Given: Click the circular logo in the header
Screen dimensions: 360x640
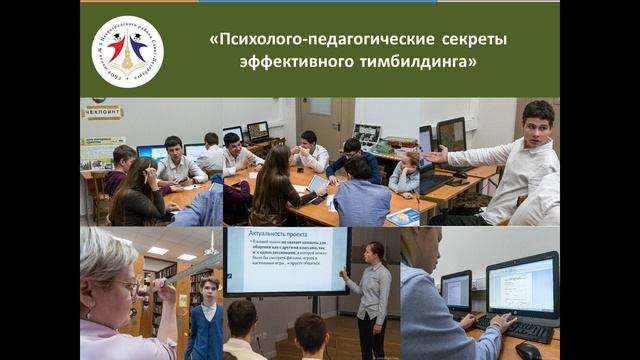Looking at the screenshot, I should click(x=127, y=51).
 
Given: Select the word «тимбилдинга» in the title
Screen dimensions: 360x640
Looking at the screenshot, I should click(x=421, y=62).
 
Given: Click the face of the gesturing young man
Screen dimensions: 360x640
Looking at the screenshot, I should click(x=538, y=125).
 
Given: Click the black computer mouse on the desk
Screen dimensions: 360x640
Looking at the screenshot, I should click(x=528, y=349).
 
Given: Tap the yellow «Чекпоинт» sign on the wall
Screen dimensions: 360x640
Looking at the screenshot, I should click(x=102, y=112).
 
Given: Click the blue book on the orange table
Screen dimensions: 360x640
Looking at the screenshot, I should click(x=403, y=216).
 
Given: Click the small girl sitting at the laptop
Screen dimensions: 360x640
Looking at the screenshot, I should click(x=406, y=171).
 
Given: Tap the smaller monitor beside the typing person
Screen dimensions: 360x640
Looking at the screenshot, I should click(x=456, y=291).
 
